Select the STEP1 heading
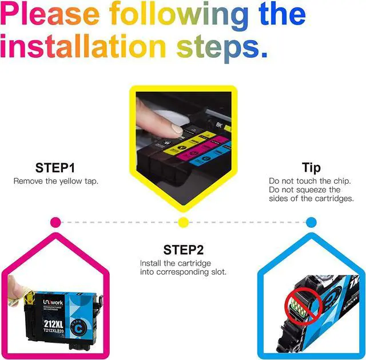tap(55, 168)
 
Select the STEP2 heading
tap(183, 250)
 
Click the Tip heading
tap(311, 168)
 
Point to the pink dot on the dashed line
tap(55, 222)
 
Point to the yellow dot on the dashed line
tap(183, 222)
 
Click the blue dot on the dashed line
tap(311, 222)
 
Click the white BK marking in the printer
tap(220, 122)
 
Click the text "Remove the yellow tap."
tap(55, 181)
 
